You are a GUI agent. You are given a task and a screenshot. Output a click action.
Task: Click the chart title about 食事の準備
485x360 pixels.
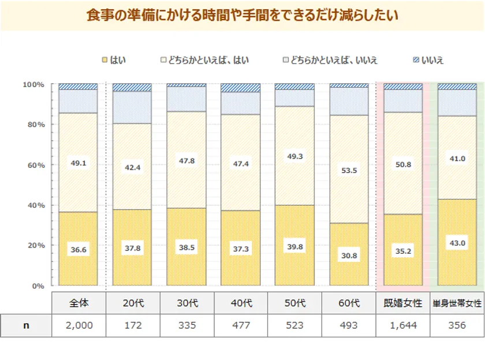point(242,16)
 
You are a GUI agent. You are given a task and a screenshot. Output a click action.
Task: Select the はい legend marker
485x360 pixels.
point(105,60)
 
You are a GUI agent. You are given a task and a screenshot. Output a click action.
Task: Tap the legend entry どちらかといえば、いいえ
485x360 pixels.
point(330,60)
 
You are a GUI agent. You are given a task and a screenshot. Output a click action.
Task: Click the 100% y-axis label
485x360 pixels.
point(34,85)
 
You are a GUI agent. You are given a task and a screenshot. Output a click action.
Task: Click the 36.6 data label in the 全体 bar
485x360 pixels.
point(78,249)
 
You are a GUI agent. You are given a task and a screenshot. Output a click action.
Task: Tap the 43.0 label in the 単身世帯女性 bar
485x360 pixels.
point(457,243)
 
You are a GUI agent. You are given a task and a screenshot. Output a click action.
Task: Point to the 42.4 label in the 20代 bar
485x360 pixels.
point(132,167)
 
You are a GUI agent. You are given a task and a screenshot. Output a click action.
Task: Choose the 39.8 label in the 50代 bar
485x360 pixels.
point(294,246)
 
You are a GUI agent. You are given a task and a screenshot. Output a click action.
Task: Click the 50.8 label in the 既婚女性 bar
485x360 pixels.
point(403,164)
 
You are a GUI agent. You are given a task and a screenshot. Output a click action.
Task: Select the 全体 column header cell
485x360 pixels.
point(79,303)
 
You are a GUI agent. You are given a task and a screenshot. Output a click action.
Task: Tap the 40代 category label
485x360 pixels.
point(241,303)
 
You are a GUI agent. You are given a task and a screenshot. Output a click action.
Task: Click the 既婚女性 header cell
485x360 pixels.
point(403,303)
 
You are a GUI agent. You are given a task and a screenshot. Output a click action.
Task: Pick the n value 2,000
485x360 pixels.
point(79,325)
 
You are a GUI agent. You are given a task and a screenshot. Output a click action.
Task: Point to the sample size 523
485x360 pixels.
point(295,325)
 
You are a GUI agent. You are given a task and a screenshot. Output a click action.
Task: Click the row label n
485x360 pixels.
point(25,325)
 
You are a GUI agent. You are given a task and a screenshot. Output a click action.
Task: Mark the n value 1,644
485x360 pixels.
point(403,325)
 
